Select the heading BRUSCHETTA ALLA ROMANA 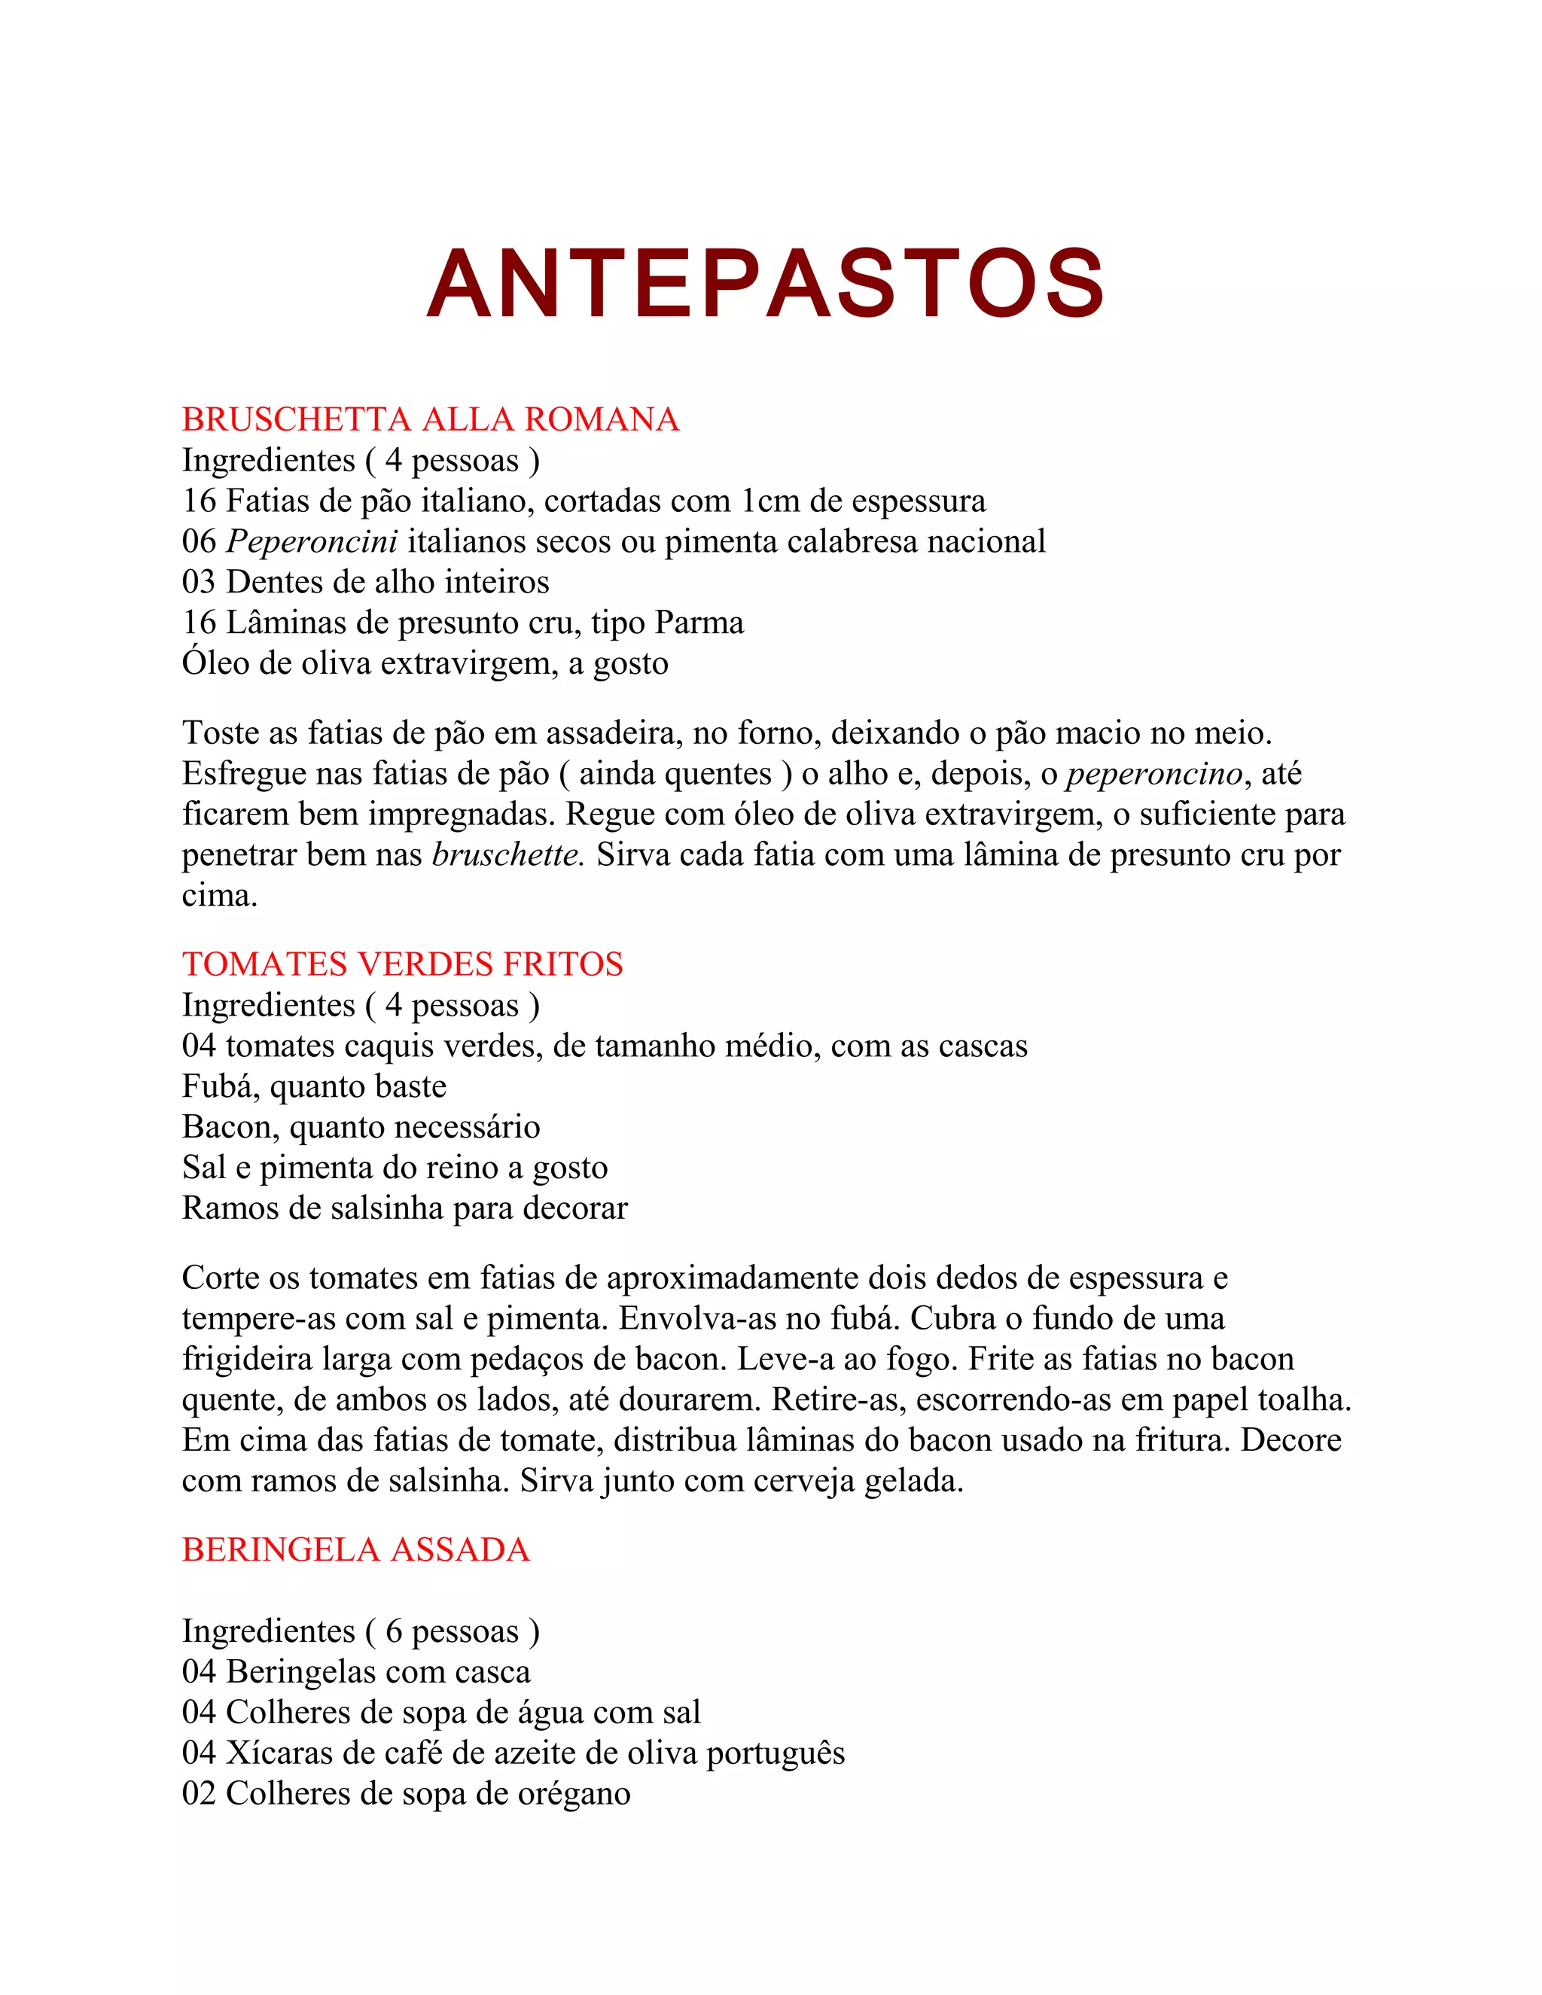[430, 419]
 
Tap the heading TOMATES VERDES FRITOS [402, 964]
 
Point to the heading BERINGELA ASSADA [355, 1549]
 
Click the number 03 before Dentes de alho [199, 582]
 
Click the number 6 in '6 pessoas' [394, 1631]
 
